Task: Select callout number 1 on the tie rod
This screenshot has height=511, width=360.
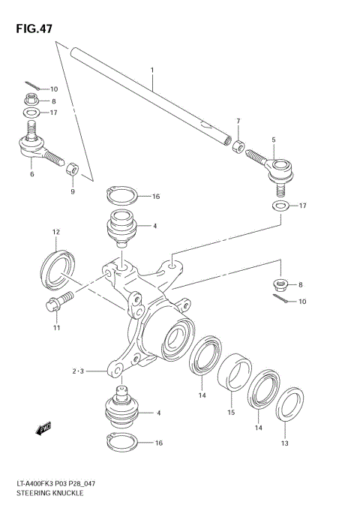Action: point(152,71)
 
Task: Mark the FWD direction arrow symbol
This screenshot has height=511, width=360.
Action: point(43,429)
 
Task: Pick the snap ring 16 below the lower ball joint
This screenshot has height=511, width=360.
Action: point(121,443)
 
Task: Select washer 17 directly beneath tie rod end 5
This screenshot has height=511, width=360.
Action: point(278,205)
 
